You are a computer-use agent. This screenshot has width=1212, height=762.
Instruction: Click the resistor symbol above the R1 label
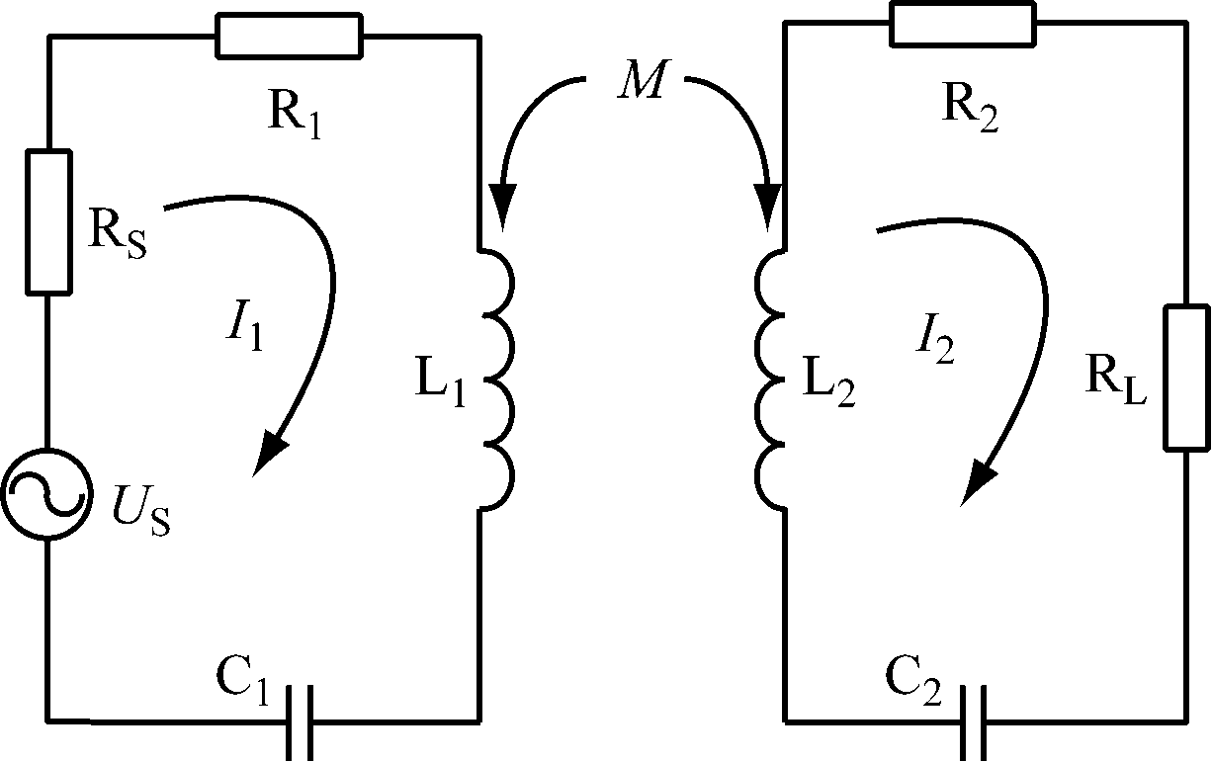coord(290,37)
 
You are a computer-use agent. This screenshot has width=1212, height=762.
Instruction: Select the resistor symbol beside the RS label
coord(47,221)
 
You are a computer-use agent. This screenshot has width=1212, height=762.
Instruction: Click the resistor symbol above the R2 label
coord(963,23)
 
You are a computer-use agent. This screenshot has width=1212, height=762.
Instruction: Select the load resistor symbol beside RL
coord(1185,379)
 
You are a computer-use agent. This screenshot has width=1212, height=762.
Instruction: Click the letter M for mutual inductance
coord(640,85)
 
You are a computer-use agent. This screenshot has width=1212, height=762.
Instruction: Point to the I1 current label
coord(244,331)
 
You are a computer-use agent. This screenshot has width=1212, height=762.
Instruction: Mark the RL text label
coord(1115,386)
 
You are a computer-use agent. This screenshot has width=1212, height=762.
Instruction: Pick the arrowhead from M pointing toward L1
coord(503,210)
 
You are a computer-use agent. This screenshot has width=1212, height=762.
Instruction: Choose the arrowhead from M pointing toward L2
coord(771,211)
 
